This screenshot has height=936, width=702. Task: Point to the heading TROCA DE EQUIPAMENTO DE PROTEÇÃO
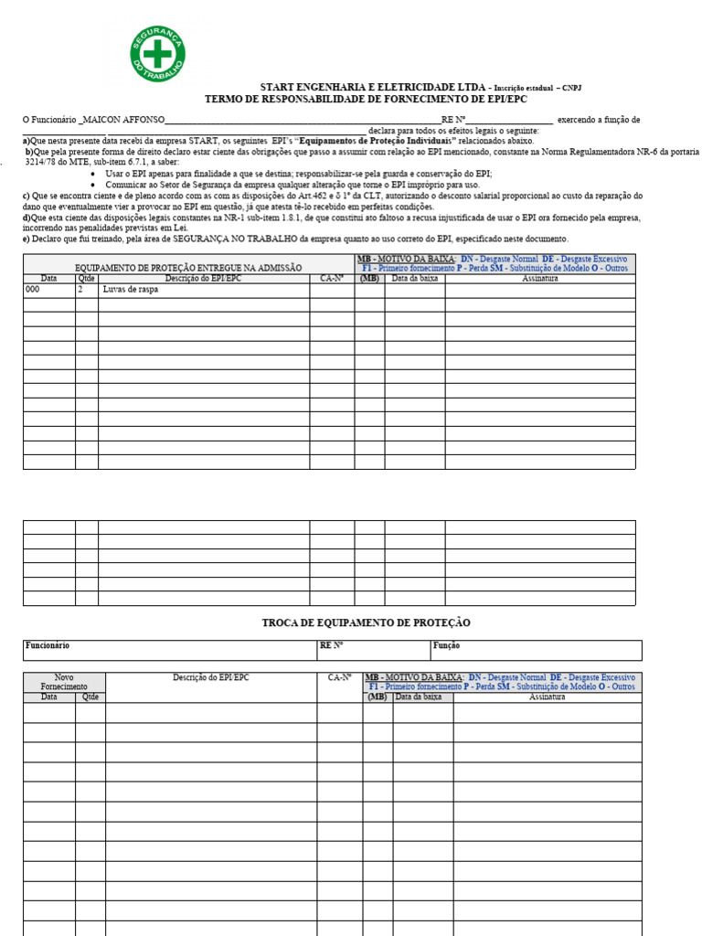click(x=366, y=622)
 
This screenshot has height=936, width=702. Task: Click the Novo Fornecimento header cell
click(x=64, y=681)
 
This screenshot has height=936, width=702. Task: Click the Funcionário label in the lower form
click(x=48, y=645)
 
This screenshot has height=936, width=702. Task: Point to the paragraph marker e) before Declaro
click(x=26, y=238)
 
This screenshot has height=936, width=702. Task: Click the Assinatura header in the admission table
click(x=540, y=278)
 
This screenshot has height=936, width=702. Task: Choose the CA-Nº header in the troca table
click(x=340, y=677)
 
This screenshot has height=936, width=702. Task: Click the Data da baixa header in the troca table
click(x=422, y=697)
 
